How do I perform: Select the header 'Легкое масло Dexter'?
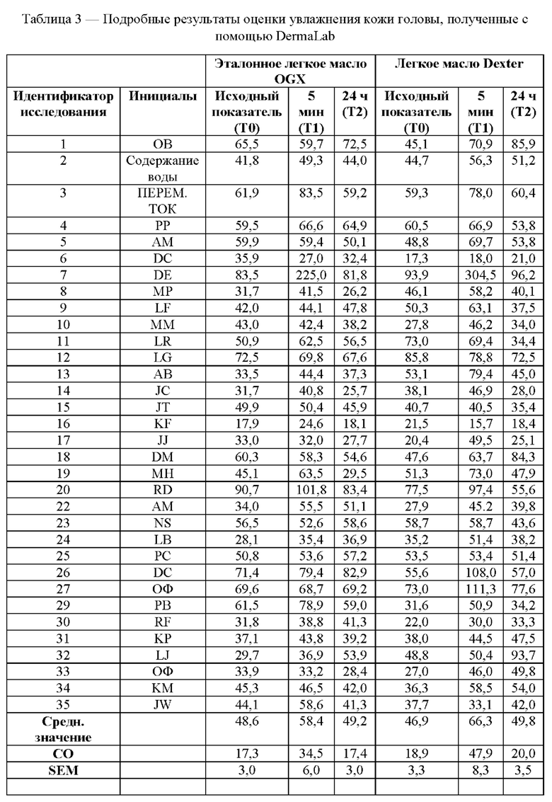tap(459, 63)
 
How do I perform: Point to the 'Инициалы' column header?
tap(163, 96)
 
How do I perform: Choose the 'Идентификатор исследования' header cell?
tap(63, 103)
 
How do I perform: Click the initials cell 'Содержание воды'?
tap(163, 168)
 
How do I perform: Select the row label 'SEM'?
tap(63, 771)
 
